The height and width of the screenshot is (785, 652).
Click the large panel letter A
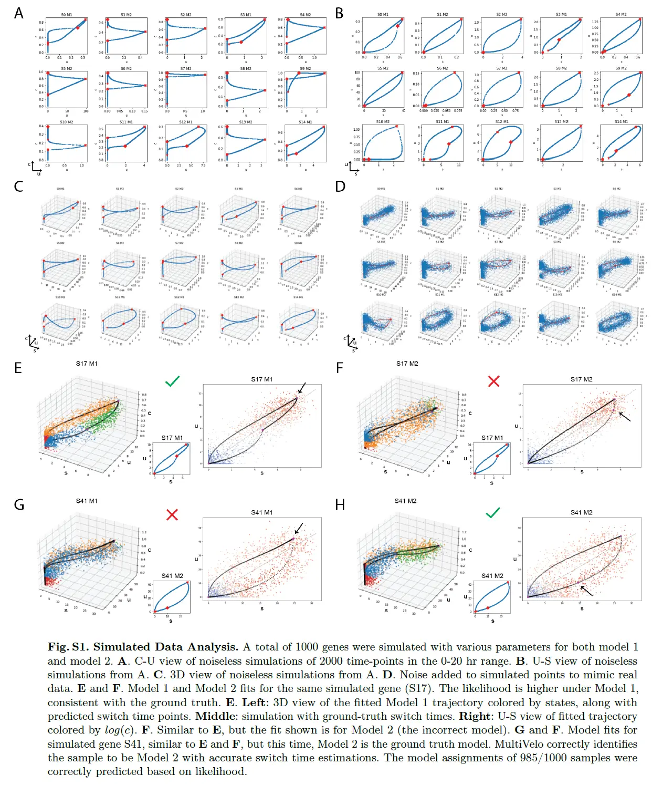[x=19, y=13]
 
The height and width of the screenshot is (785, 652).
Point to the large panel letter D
[x=340, y=186]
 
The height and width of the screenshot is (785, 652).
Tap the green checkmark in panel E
[x=172, y=381]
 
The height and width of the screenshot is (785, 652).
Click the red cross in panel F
[x=493, y=381]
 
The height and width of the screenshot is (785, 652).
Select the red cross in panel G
[x=172, y=514]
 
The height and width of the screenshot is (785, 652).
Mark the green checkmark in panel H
[x=493, y=512]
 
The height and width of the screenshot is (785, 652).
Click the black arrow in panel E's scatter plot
[x=301, y=388]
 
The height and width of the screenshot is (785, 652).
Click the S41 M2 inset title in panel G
[x=172, y=576]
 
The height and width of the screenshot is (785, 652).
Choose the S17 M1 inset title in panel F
[x=492, y=438]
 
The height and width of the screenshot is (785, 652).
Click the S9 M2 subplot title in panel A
[x=306, y=68]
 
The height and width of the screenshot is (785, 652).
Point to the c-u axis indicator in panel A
[x=35, y=168]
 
